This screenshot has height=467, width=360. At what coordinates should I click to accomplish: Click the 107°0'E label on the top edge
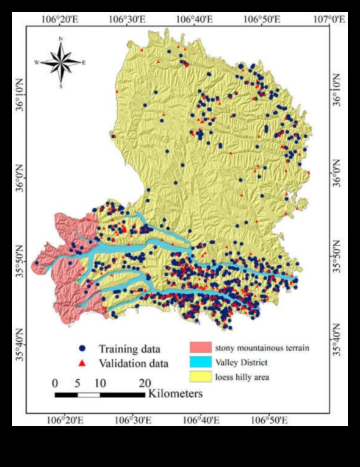(330, 20)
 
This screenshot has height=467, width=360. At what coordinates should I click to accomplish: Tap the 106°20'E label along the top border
(59, 20)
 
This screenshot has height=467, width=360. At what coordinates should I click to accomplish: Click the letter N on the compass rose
(60, 39)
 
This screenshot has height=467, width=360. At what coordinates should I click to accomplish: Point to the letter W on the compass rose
(37, 63)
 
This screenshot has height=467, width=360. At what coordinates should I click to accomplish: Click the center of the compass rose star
(60, 62)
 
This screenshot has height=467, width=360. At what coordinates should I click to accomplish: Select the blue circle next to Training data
(82, 349)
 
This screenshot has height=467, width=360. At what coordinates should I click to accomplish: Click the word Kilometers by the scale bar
(175, 394)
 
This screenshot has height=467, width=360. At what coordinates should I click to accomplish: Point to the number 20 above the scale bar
(144, 383)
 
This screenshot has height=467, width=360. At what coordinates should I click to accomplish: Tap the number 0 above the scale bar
(55, 383)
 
